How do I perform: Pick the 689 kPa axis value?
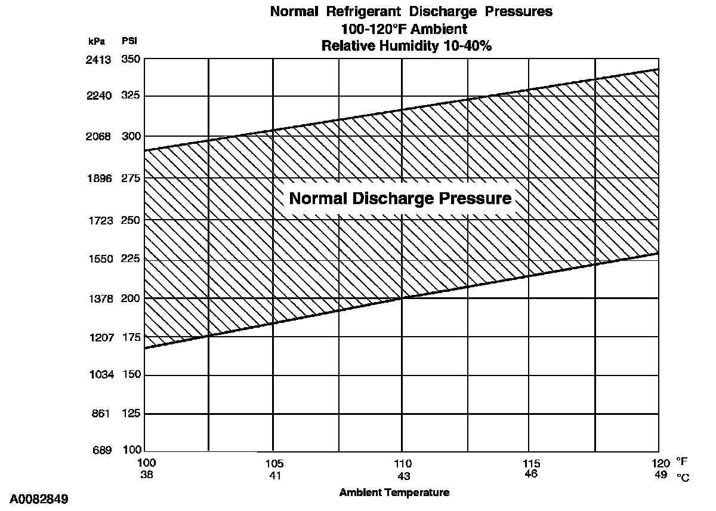(x=102, y=450)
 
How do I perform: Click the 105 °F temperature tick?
(x=274, y=463)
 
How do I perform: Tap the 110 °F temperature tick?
(x=403, y=463)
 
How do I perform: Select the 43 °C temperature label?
(x=403, y=476)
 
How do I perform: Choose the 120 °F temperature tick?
(x=661, y=463)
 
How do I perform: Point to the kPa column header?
(x=97, y=41)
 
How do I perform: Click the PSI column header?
(x=129, y=41)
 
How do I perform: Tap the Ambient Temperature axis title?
(x=394, y=493)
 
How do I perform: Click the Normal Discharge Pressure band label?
(x=400, y=198)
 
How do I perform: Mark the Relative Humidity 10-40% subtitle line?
(x=406, y=46)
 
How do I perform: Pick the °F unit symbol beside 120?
(x=683, y=461)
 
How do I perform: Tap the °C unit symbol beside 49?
(x=683, y=478)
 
